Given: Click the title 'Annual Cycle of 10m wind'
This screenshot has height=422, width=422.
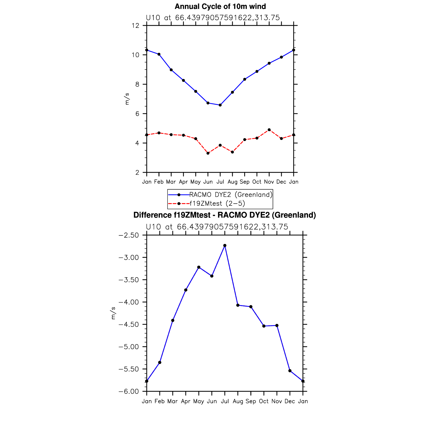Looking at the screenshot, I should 220,6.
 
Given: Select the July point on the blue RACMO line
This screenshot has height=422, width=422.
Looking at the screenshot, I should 220,105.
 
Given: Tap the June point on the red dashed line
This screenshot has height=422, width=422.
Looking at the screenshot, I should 208,153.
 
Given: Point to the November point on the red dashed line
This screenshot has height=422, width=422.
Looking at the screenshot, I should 269,130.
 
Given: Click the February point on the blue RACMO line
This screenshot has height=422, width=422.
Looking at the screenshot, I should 159,54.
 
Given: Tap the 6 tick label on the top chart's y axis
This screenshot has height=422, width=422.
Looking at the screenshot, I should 137,114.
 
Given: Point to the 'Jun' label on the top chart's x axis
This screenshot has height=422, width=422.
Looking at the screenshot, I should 208,182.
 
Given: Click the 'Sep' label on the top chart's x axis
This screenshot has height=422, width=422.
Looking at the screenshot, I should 245,182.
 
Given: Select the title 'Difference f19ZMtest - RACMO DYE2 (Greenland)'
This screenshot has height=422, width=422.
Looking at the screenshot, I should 225,215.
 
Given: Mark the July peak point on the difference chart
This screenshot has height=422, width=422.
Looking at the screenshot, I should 225,246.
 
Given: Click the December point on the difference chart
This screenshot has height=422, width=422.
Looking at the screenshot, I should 290,371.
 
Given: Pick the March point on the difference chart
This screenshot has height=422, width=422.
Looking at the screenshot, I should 173,320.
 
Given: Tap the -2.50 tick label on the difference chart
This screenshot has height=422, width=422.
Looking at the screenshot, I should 129,235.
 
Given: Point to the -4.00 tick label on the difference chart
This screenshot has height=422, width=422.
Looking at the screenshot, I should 129,302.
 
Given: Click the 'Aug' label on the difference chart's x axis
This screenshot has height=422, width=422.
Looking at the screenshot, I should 238,401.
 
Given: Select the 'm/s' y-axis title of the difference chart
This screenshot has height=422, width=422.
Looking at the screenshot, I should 113,313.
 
